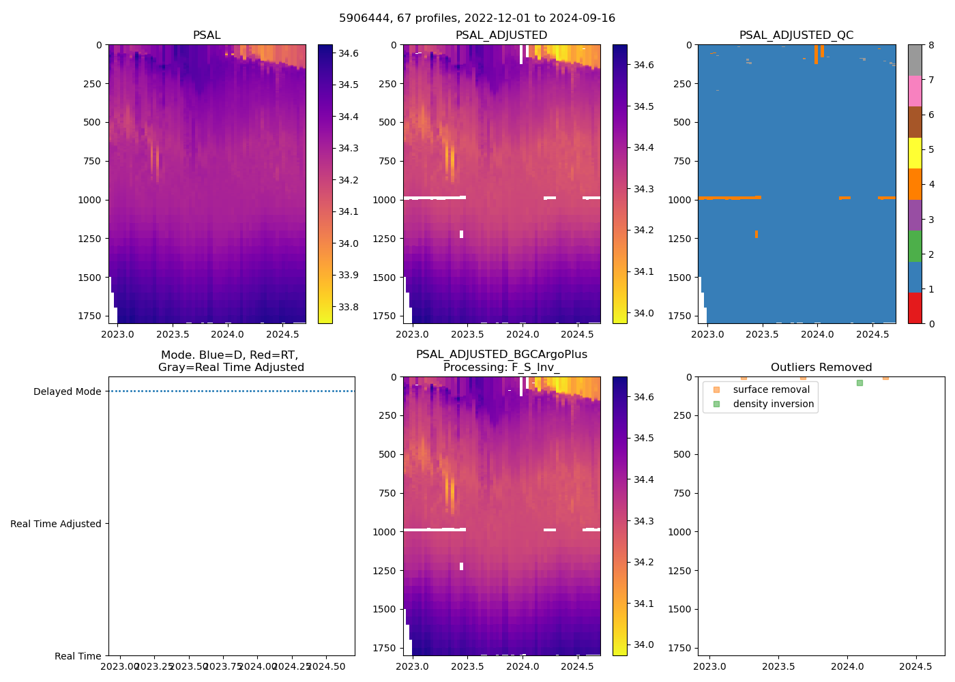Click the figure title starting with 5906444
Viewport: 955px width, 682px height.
[x=477, y=18]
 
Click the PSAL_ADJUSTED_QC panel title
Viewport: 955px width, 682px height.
[x=796, y=35]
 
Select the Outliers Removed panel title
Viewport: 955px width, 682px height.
[x=821, y=368]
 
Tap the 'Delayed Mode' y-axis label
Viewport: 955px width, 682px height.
[x=67, y=392]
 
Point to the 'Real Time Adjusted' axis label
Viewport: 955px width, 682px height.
[x=56, y=524]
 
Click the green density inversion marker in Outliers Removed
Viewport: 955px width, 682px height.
[x=859, y=383]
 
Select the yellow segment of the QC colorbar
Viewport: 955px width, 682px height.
[x=915, y=153]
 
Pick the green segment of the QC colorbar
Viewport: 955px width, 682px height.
[x=915, y=246]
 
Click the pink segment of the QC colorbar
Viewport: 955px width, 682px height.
[x=915, y=91]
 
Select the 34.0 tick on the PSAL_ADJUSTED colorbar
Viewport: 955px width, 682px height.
[x=644, y=313]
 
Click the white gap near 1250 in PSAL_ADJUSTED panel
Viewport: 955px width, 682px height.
[x=462, y=234]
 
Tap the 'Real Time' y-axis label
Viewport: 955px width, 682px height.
[x=78, y=657]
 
